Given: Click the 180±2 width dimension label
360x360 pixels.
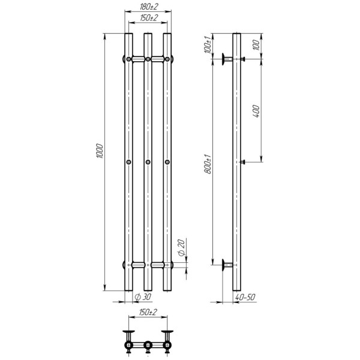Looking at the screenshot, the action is pos(149,7).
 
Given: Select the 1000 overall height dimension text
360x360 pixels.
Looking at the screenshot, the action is pos(100,151).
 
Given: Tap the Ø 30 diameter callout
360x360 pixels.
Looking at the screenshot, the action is pos(143,297).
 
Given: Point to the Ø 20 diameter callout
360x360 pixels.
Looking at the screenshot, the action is pos(181,247).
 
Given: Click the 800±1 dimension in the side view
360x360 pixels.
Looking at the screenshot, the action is pos(208,164).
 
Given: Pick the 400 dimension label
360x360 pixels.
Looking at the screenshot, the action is pos(256,112).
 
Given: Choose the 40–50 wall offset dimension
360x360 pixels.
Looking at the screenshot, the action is pos(245,297).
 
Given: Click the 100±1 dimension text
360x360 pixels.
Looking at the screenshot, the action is pos(208,44).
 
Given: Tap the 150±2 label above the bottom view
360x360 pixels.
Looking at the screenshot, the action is pos(148,312).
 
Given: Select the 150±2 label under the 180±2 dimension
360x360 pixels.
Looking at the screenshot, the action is pos(149,18).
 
